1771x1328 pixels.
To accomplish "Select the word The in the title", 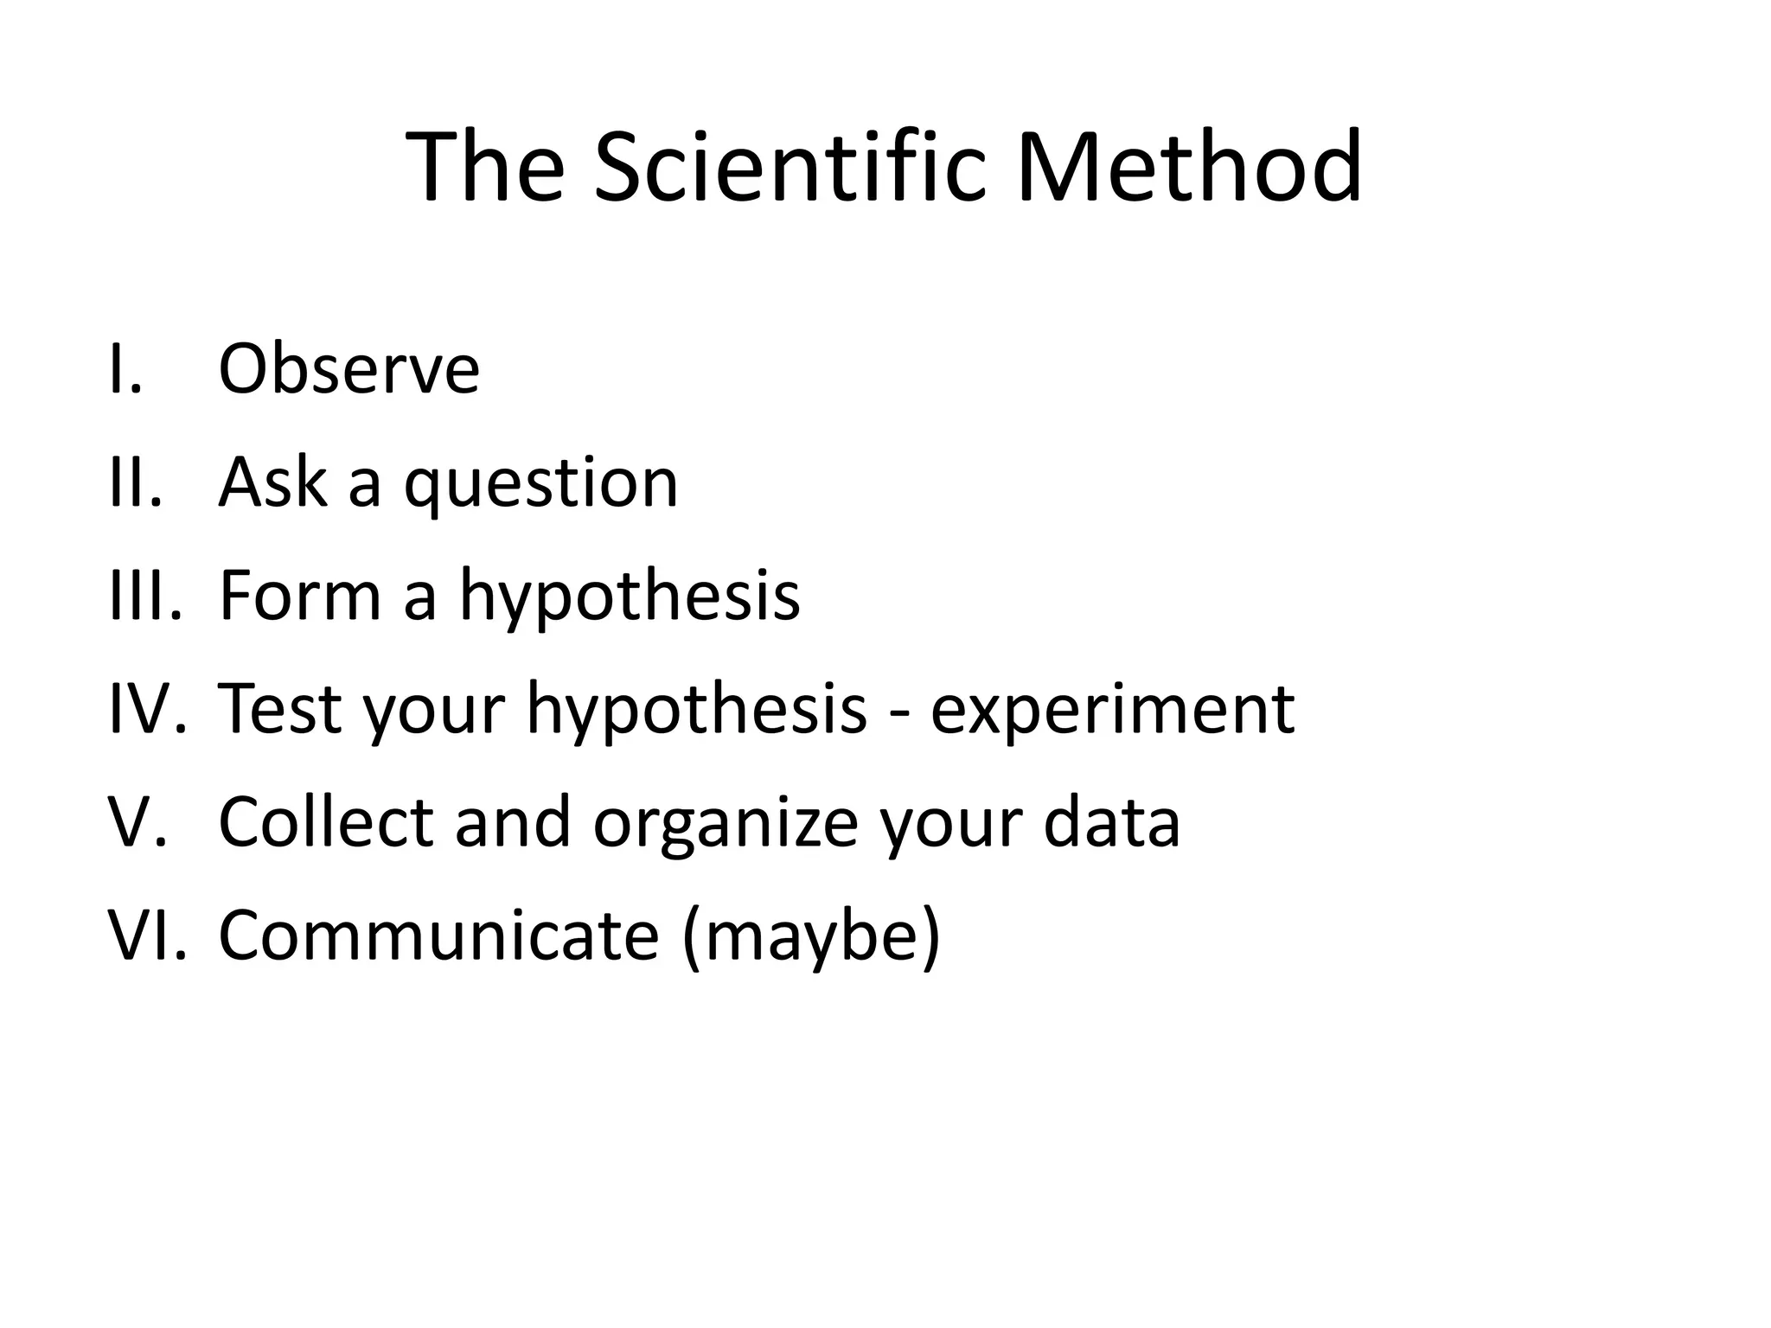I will [485, 166].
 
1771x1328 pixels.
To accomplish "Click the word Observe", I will [348, 369].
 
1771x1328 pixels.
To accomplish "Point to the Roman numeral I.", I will [125, 369].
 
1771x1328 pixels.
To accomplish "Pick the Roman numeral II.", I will [135, 482].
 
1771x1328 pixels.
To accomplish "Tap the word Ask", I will [273, 482].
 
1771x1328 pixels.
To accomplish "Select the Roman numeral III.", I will [145, 596].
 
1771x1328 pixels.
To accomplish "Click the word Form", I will [299, 596].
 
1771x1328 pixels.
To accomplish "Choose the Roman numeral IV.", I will [147, 709].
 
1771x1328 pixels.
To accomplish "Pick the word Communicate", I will [439, 935].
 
